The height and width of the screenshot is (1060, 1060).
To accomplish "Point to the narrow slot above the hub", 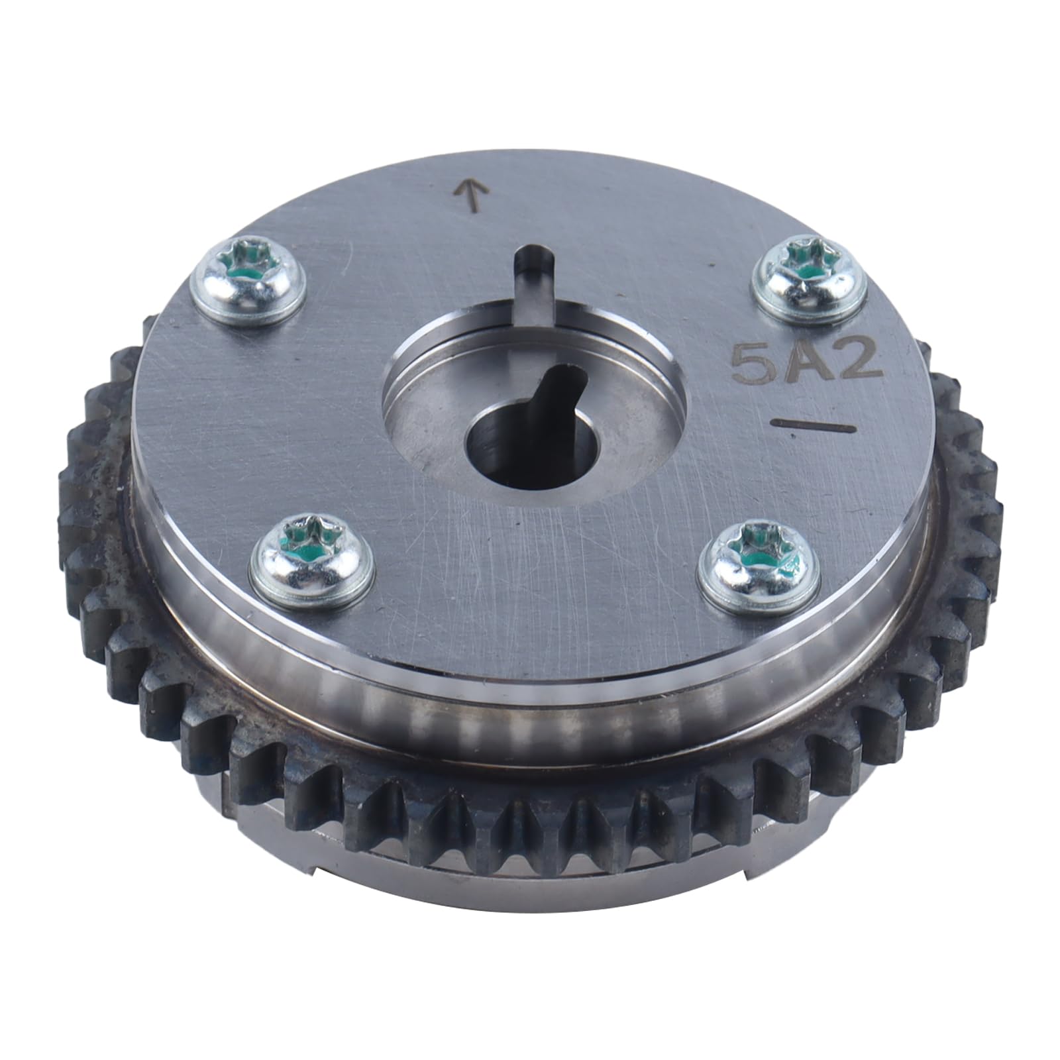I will pyautogui.click(x=534, y=278).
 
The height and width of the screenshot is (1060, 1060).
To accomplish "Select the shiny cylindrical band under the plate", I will pyautogui.click(x=530, y=712).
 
